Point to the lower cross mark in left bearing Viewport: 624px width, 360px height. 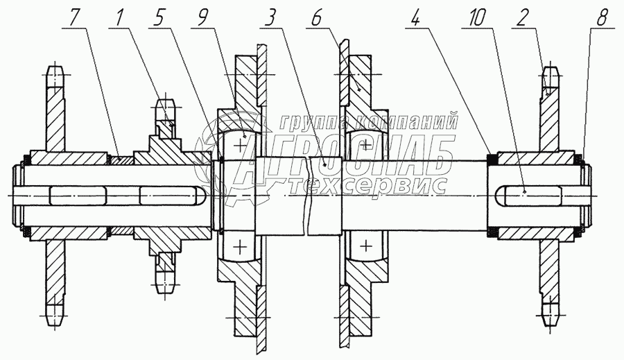coord(241,246)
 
